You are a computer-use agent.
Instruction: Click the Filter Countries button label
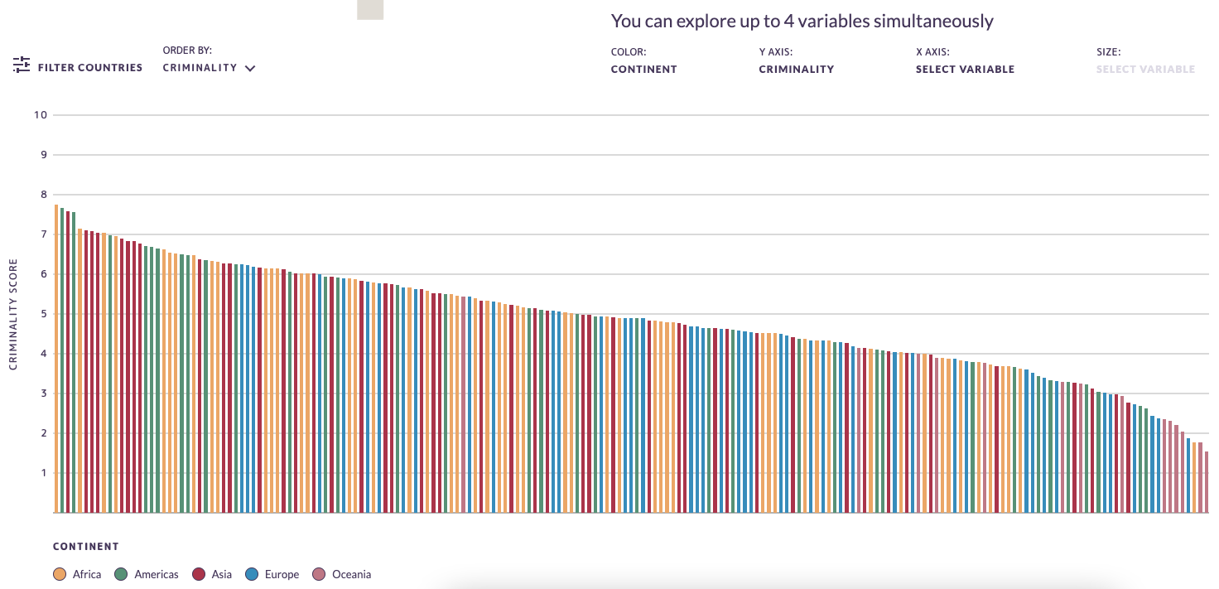[x=90, y=68]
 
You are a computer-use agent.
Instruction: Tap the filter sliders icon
[x=22, y=65]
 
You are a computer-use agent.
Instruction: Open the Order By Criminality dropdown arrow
[x=250, y=69]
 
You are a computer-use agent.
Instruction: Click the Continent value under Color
[x=643, y=70]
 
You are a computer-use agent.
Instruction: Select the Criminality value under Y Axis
[x=796, y=70]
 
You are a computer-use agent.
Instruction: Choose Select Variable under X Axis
[x=965, y=70]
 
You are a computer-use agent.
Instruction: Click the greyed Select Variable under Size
[x=1145, y=70]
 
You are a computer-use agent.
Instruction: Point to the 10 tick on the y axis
[x=40, y=114]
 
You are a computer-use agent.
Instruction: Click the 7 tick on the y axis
[x=43, y=234]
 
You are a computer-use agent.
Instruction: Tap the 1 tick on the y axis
[x=43, y=473]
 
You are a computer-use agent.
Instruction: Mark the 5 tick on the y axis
[x=43, y=314]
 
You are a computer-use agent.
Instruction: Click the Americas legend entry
[x=147, y=574]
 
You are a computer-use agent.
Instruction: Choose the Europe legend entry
[x=272, y=574]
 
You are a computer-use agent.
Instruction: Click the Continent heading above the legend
[x=86, y=547]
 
